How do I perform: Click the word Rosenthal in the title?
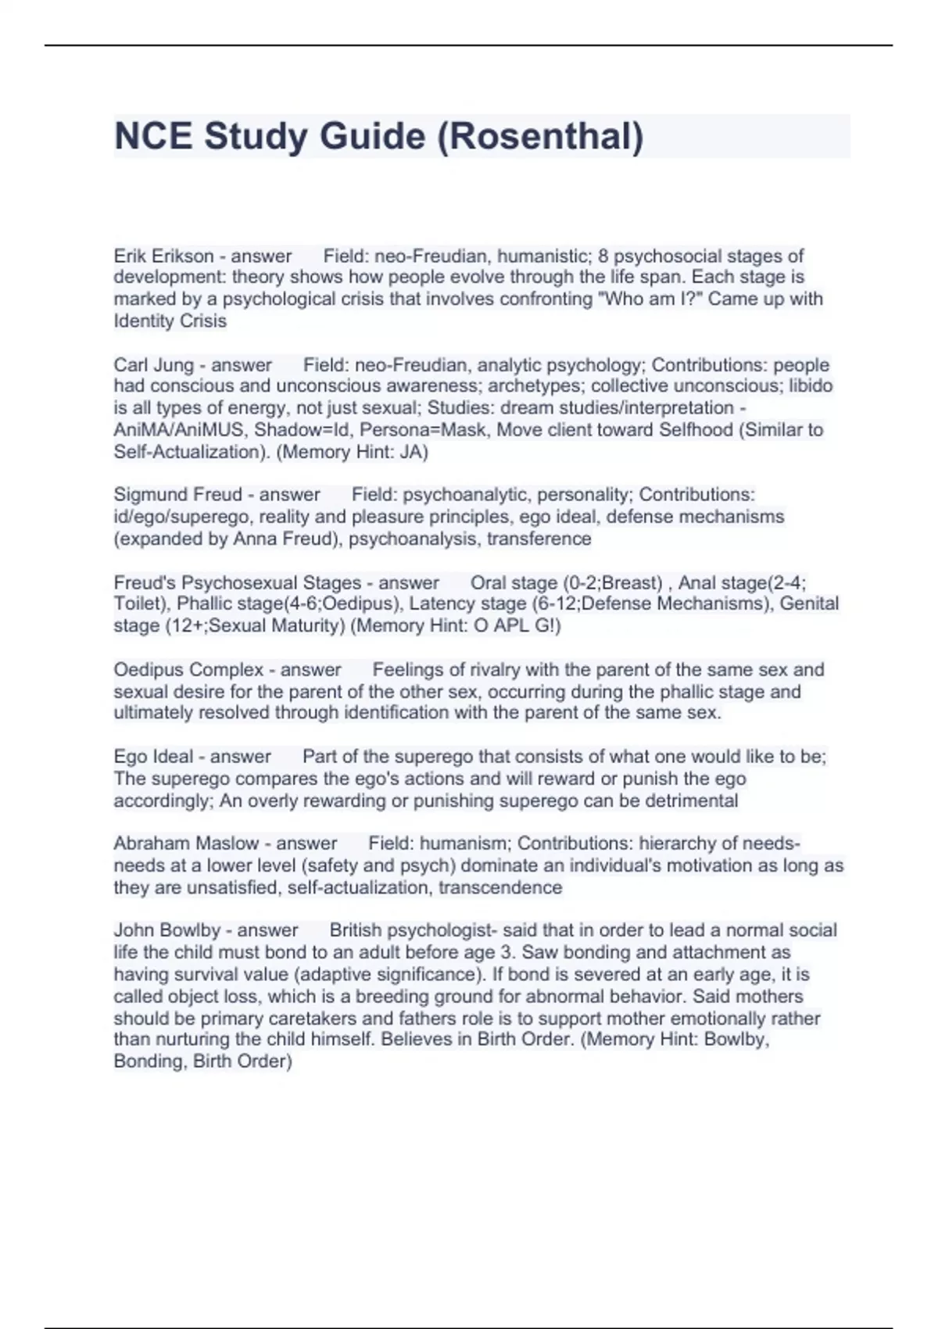(539, 136)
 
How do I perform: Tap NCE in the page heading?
(152, 136)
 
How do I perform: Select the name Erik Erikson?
(163, 256)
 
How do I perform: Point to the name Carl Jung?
(153, 365)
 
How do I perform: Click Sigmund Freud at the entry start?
(177, 495)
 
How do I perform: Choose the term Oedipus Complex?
(188, 670)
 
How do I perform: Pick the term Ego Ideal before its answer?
(153, 757)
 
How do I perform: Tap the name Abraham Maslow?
(186, 844)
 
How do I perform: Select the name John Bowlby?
(167, 930)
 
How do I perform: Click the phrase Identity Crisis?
(170, 321)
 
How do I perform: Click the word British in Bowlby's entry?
(356, 930)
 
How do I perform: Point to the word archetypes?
(535, 386)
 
